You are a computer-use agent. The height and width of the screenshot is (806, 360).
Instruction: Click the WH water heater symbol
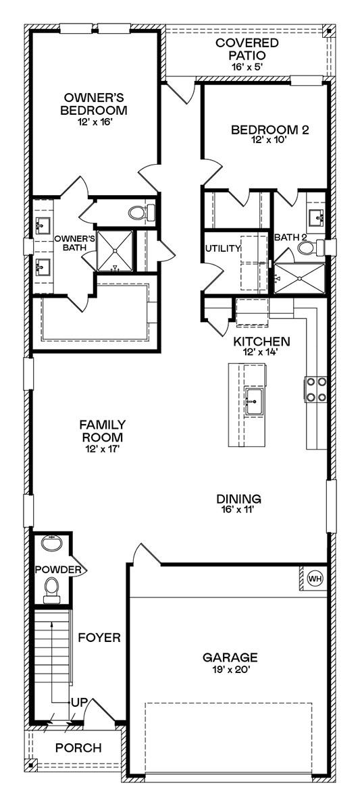tap(315, 578)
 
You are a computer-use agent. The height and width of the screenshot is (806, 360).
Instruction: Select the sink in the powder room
tap(51, 544)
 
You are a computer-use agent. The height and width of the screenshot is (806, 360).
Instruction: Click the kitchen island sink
tap(255, 401)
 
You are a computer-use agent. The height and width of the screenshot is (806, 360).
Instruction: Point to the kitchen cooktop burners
tap(316, 389)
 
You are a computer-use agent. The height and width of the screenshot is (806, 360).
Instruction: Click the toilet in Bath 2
tap(307, 248)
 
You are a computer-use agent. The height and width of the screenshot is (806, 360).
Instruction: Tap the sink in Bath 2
tap(315, 217)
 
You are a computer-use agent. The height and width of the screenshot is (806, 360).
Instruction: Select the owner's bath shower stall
tap(115, 252)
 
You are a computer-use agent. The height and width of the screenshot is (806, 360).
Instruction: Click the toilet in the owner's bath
tap(139, 213)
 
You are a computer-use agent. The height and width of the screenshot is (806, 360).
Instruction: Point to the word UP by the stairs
tap(78, 703)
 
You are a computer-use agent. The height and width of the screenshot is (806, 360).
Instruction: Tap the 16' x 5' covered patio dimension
tap(247, 67)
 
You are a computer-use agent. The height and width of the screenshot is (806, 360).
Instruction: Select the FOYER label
tap(99, 637)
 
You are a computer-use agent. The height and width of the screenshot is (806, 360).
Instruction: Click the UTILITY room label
tap(223, 248)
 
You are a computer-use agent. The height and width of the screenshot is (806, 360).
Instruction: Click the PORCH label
tap(78, 748)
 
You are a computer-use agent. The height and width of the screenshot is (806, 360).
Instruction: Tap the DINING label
tap(238, 499)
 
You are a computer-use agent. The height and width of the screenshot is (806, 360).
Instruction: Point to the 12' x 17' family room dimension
tap(103, 448)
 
